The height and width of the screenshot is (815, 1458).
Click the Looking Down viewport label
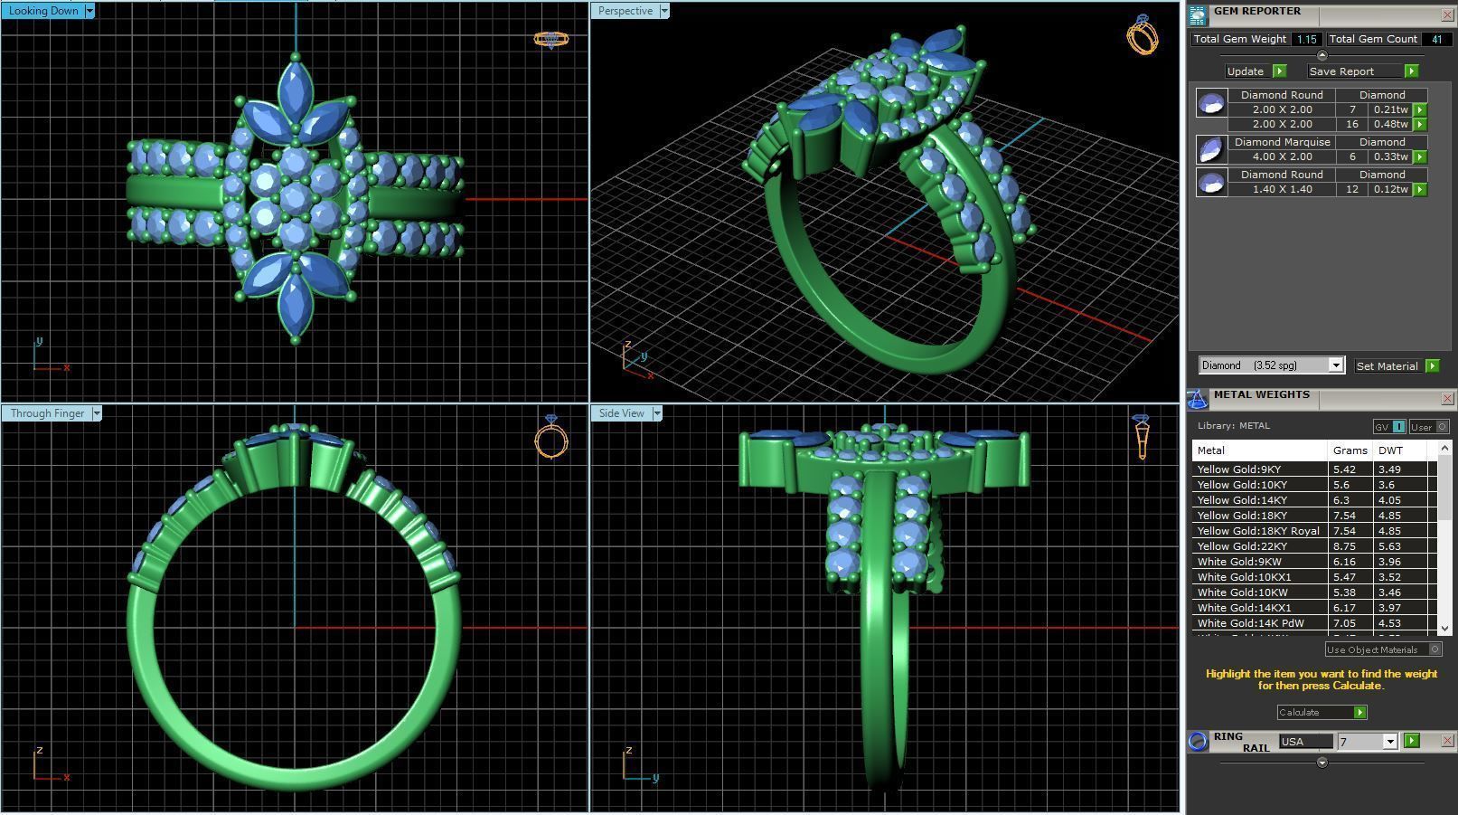(x=44, y=11)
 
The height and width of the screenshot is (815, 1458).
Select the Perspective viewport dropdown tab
(x=626, y=11)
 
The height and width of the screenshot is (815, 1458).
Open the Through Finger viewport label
(x=47, y=413)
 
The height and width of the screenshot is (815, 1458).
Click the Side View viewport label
(x=622, y=413)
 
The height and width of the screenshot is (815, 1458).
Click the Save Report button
(x=1341, y=71)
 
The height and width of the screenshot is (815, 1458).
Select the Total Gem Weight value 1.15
(x=1306, y=39)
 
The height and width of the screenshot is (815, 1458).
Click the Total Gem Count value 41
(x=1436, y=39)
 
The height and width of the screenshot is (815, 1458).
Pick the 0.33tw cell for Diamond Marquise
(x=1390, y=156)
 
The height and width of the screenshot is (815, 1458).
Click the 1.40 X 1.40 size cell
(x=1282, y=189)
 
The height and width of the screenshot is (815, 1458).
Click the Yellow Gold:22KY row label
(x=1242, y=546)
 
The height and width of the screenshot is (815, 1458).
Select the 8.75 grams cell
(x=1344, y=546)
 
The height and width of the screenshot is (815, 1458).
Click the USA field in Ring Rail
(x=1305, y=742)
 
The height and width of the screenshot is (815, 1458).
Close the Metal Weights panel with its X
(x=1447, y=398)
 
